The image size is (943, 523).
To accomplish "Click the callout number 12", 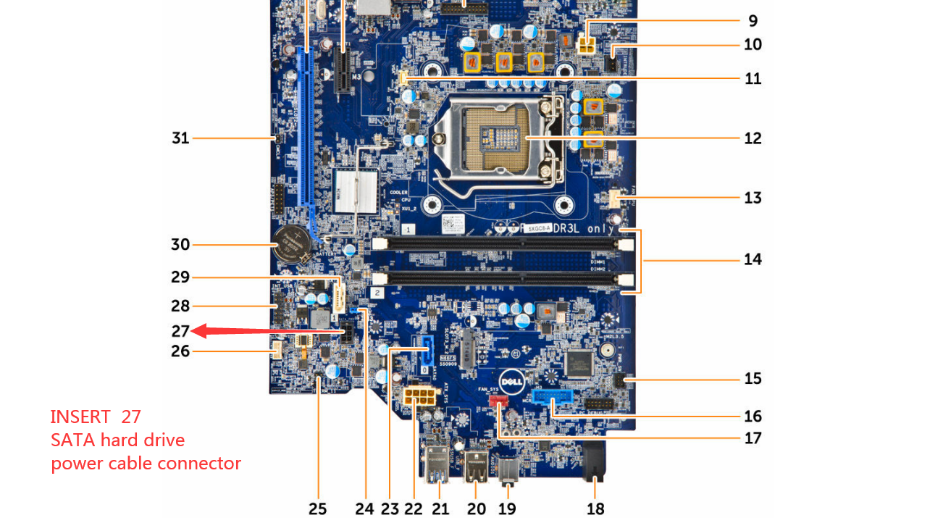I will point(753,138).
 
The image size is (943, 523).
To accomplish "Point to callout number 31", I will point(180,137).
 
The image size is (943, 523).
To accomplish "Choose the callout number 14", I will point(753,259).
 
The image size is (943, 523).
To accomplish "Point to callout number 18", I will point(595,509).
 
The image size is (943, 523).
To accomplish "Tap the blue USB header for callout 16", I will point(553,398).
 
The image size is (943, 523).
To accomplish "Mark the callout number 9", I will point(753,20).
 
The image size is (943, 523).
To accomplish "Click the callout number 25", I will point(318,509).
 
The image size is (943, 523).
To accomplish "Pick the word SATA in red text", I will point(72,440).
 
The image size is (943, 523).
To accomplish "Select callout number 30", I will point(180,245).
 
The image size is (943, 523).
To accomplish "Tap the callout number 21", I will point(440,509).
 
